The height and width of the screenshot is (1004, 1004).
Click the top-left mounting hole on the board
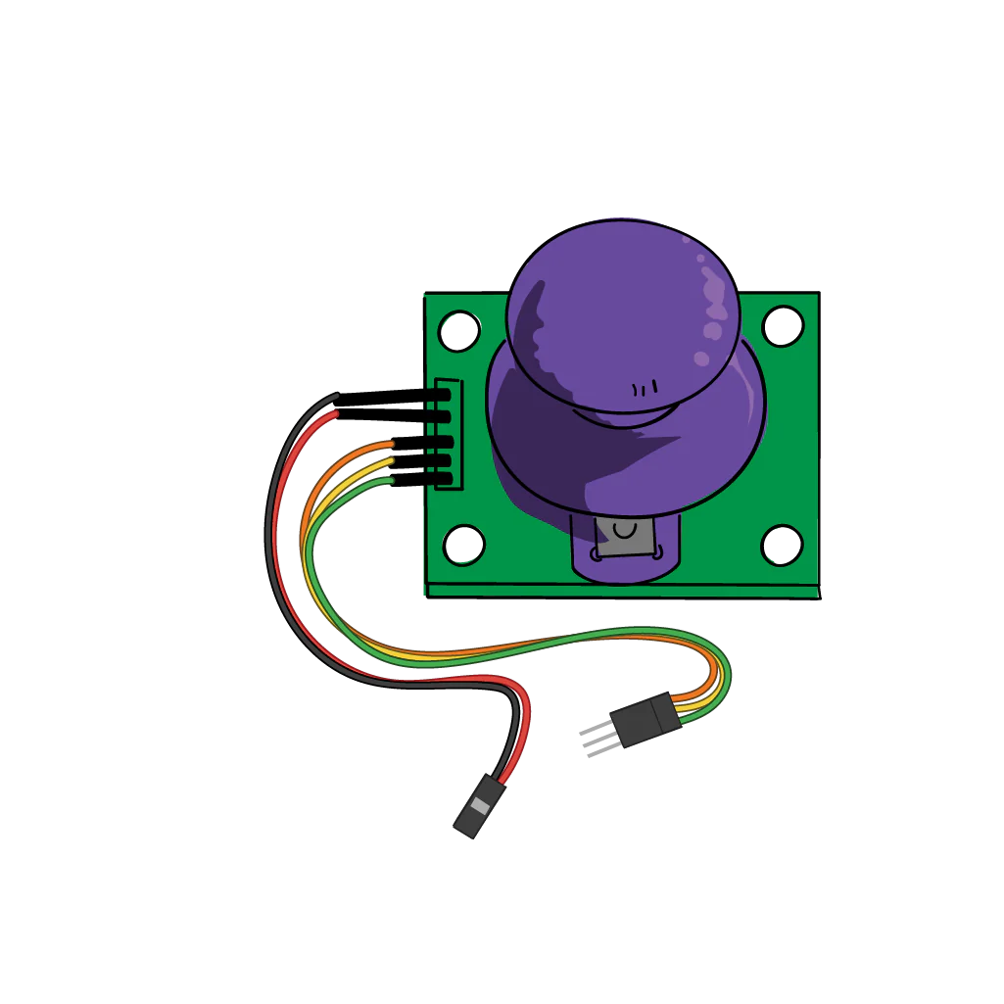point(458,331)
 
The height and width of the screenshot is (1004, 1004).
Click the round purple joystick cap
point(622,313)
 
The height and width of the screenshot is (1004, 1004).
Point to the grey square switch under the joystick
point(621,539)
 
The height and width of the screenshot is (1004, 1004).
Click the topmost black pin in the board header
point(438,395)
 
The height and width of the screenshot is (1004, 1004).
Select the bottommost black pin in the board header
point(440,480)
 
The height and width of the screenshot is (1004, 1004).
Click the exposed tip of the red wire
point(332,416)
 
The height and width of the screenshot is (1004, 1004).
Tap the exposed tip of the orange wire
point(388,446)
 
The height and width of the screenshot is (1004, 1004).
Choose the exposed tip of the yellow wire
point(389,462)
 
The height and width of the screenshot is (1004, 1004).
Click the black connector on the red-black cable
point(479,805)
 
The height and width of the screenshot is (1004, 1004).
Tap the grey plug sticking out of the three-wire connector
point(592,740)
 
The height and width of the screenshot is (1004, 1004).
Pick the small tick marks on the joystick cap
point(644,389)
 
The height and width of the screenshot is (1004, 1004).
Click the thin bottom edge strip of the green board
point(623,592)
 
